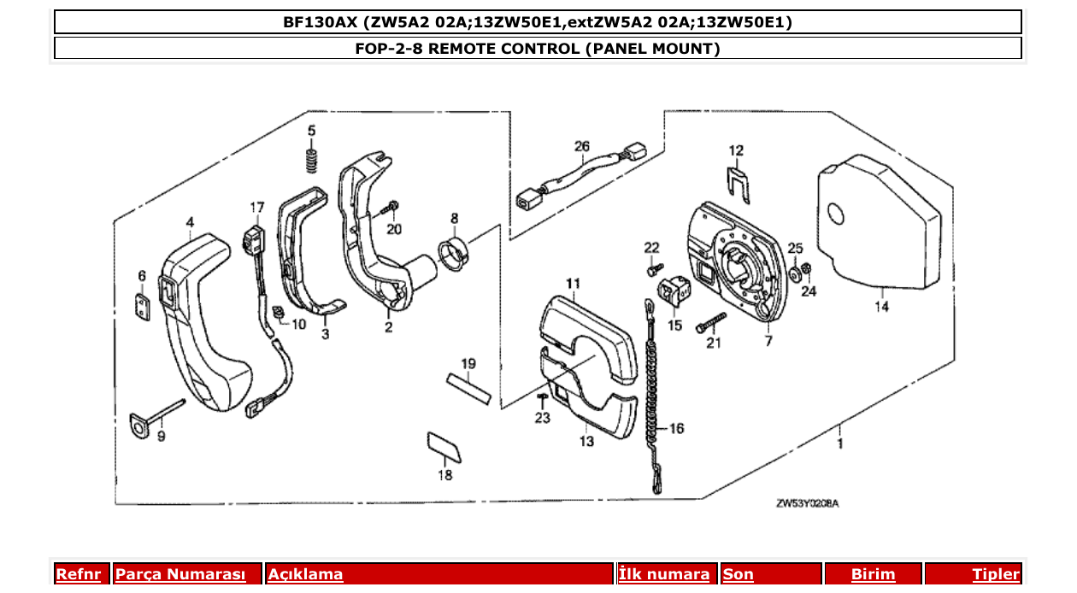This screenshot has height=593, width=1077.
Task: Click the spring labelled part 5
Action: (x=313, y=159)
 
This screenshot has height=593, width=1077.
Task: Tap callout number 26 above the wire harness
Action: (x=582, y=147)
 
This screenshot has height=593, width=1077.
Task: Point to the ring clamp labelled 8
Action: (x=455, y=255)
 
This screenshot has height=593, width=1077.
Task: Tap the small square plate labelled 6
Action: (x=143, y=306)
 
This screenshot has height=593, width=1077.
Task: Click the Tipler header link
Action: (x=995, y=574)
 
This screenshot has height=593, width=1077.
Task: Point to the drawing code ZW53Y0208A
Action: (x=807, y=503)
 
